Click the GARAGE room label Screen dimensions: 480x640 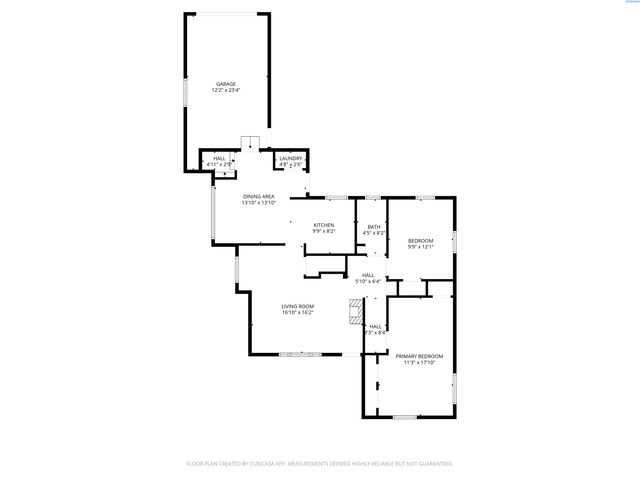tap(226, 84)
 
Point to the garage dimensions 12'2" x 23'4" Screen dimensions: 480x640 tap(226, 90)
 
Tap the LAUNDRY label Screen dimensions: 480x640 tap(291, 158)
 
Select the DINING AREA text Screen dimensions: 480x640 tap(259, 197)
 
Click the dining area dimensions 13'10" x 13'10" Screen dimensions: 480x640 tap(259, 203)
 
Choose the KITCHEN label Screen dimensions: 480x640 tap(324, 226)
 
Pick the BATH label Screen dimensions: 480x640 tap(374, 227)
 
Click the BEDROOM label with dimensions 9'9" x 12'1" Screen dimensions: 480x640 tap(421, 241)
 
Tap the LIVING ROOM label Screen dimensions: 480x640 tap(298, 306)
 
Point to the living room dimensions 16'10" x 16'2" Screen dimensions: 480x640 tap(298, 313)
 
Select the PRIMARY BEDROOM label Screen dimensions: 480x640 tap(419, 356)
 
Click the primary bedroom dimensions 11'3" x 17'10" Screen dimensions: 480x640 tap(419, 363)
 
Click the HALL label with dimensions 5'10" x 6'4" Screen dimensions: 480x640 tap(369, 275)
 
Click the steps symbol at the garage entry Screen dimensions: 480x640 tap(250, 142)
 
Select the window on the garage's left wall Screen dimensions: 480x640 tap(184, 90)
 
